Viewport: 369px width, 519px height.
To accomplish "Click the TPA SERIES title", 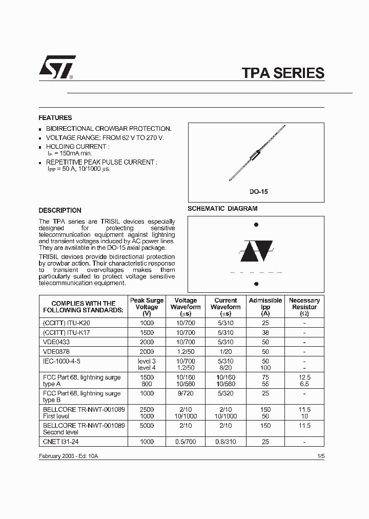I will pos(283,73).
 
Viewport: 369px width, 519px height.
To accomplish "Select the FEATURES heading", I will pos(55,117).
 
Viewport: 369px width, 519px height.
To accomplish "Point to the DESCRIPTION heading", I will pos(60,210).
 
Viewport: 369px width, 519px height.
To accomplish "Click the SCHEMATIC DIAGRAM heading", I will pos(222,209).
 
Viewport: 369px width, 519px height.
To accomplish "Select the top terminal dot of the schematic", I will pos(256,225).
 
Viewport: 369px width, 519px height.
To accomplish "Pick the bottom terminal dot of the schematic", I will pos(256,284).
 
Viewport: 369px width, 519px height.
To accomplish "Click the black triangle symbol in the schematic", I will pos(256,251).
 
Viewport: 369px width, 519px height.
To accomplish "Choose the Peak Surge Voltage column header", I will pos(147,307).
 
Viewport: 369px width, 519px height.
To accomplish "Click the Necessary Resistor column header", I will pos(304,307).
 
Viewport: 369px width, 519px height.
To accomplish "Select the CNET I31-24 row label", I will pos(60,441).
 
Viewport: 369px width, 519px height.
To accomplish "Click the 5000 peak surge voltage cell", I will pos(147,425).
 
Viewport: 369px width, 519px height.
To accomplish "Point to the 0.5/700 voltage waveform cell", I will pos(186,441).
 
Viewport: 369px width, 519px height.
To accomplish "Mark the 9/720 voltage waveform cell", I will pos(186,393).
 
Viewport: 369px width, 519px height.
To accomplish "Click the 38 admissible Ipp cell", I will pos(265,332).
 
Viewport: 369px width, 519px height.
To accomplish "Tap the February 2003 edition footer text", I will pos(68,456).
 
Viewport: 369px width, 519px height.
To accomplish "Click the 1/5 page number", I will pos(320,456).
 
